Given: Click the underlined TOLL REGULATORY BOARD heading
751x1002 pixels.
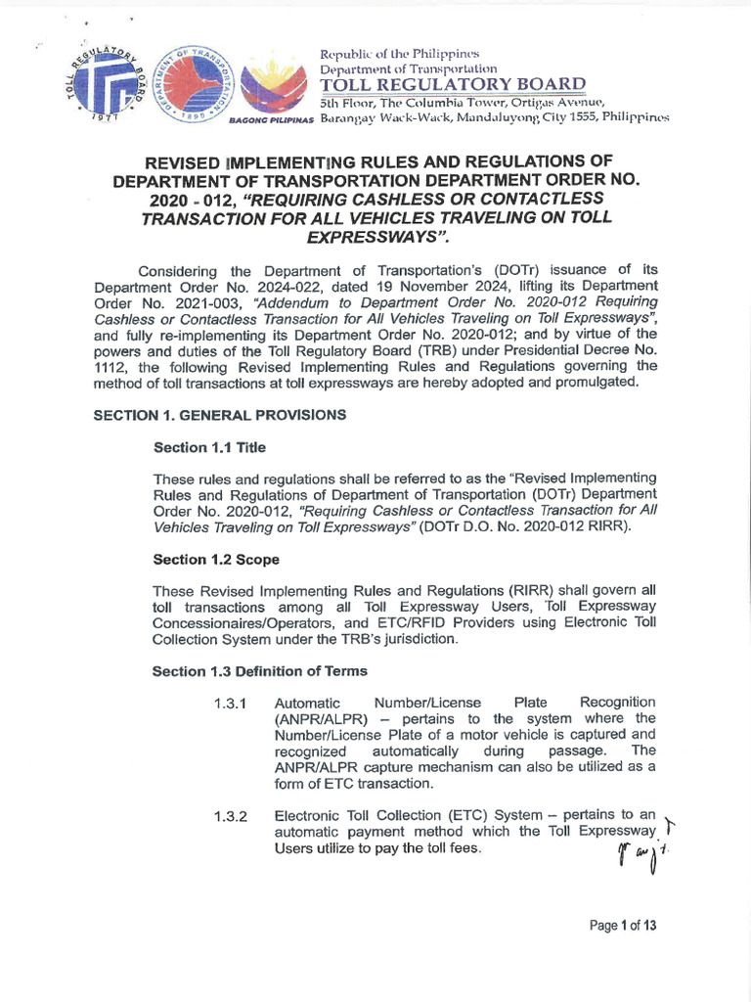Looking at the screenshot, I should (x=453, y=85).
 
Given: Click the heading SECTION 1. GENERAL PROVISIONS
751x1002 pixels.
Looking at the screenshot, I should (x=219, y=415).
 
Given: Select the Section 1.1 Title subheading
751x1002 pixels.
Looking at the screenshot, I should (x=209, y=447).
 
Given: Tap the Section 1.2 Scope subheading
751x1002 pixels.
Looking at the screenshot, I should (x=216, y=560).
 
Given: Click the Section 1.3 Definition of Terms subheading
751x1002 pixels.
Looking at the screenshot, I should (x=260, y=671).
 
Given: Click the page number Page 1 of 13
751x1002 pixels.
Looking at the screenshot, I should (x=623, y=926).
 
